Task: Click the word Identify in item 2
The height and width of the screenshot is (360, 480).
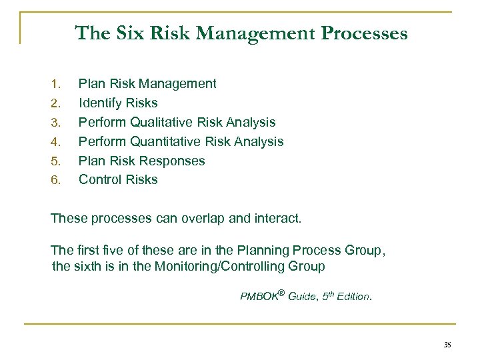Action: point(100,103)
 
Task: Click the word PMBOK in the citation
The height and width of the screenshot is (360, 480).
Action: point(257,296)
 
